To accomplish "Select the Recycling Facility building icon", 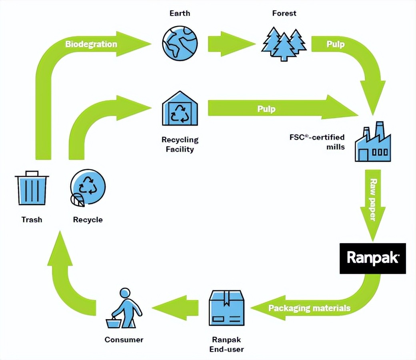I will [180, 108].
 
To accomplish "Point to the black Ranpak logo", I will [372, 258].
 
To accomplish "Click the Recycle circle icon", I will [88, 188].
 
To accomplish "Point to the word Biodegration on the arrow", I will [91, 44].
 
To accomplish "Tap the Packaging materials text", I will [309, 308].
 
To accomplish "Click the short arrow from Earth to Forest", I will [231, 43].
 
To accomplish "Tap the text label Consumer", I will [124, 340].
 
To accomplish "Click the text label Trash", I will [32, 220].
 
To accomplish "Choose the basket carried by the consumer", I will [113, 322].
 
